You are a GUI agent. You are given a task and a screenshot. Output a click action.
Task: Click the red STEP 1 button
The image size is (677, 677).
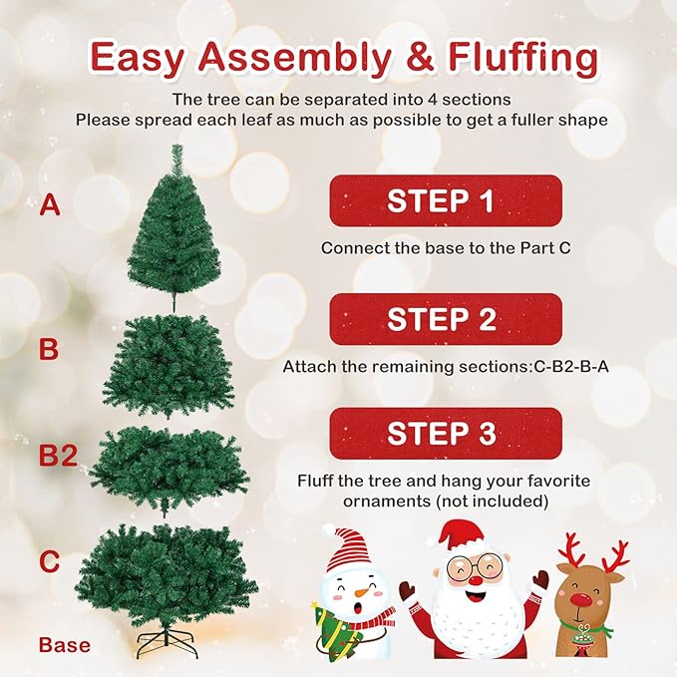pyautogui.click(x=445, y=201)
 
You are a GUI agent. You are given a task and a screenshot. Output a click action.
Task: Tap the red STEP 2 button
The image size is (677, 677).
pyautogui.click(x=445, y=319)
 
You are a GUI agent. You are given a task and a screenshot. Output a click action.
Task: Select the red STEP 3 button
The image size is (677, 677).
pyautogui.click(x=445, y=434)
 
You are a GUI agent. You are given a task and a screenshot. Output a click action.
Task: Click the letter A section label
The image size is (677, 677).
pyautogui.click(x=49, y=206)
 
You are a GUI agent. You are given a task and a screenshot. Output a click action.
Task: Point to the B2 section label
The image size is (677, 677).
pyautogui.click(x=58, y=457)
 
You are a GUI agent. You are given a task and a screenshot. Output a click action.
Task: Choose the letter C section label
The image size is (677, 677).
pyautogui.click(x=49, y=561)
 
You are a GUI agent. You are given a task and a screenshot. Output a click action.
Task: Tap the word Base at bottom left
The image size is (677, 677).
pyautogui.click(x=64, y=645)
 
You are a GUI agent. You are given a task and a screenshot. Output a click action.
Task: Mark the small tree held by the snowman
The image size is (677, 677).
pyautogui.click(x=331, y=633)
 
